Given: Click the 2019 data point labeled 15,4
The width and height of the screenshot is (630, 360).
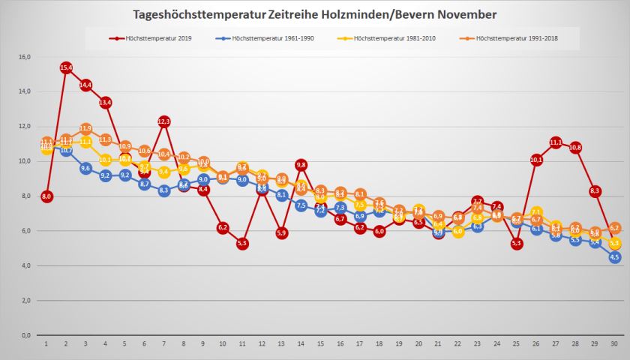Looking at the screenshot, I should point(66,68).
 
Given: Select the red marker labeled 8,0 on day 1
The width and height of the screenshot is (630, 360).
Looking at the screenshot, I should point(46,196).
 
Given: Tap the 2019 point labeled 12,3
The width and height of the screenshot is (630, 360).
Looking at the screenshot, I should point(164,121).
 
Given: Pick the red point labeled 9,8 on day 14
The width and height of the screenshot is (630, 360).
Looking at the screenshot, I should point(301,165).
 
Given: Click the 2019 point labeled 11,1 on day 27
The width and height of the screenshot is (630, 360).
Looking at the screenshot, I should point(556,142).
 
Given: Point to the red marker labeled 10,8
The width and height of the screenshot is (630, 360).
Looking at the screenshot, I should point(576,148).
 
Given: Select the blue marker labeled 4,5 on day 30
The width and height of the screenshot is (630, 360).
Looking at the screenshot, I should point(615,257).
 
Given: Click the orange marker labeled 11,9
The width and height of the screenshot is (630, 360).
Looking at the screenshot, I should point(85,129).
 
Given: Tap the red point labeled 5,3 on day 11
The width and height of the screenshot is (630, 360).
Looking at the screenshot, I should point(242,243).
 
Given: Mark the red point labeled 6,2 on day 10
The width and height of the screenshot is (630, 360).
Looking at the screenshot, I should point(223,227).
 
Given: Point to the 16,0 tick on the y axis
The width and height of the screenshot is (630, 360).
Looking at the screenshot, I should point(23,57).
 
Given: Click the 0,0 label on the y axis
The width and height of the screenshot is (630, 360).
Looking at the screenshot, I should point(25,335).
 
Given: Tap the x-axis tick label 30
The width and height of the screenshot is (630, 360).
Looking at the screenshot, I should point(615,345).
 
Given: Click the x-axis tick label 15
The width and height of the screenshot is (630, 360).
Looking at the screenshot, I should point(321,345).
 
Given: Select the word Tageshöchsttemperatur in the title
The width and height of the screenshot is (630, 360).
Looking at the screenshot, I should point(199,14).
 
